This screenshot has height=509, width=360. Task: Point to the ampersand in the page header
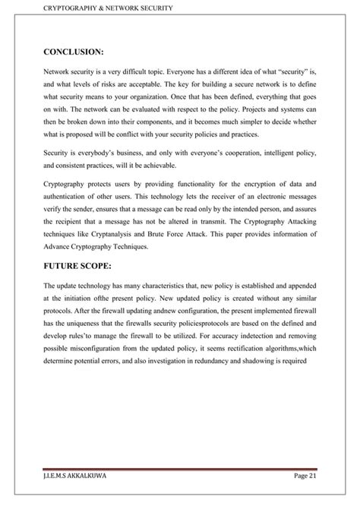tap(101, 8)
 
